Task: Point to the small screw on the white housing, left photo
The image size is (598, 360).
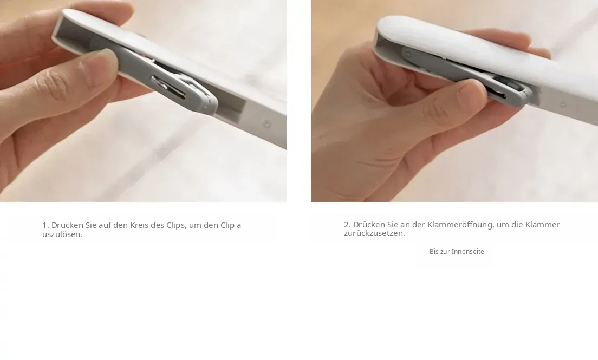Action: (268, 124)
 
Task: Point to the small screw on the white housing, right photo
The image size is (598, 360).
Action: (563, 104)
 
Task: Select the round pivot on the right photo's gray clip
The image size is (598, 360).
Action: (408, 55)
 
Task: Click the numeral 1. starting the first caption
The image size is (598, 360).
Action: (45, 225)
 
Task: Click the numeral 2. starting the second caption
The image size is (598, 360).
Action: (347, 225)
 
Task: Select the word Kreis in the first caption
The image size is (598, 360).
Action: (139, 225)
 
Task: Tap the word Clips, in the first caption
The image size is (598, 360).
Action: (176, 225)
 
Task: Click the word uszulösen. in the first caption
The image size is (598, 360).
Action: (62, 234)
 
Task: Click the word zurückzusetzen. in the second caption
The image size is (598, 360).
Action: (374, 233)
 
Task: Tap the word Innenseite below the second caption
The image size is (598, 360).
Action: (468, 252)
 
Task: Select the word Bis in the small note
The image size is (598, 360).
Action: (434, 252)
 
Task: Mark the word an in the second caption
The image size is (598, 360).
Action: (405, 225)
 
